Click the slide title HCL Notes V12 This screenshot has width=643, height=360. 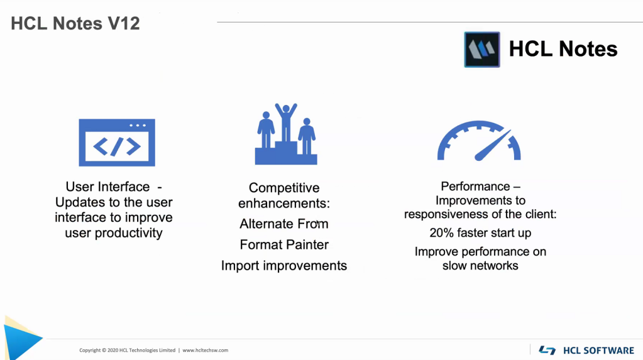75,23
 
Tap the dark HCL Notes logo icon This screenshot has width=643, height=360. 482,50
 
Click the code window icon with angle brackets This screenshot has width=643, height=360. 117,142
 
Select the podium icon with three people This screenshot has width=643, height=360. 286,134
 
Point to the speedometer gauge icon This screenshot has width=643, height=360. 479,141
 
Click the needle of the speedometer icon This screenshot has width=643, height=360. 493,145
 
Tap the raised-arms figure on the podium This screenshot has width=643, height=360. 286,123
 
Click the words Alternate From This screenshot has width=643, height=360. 283,224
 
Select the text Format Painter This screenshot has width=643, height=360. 284,245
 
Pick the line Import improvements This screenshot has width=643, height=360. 283,266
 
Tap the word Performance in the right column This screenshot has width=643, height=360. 475,187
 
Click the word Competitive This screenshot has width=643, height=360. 284,188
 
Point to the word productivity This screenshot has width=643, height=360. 128,233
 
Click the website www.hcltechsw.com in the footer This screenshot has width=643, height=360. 206,350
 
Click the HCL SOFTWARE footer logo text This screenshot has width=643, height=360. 599,351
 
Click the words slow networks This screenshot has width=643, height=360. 480,266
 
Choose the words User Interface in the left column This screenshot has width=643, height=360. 108,187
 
